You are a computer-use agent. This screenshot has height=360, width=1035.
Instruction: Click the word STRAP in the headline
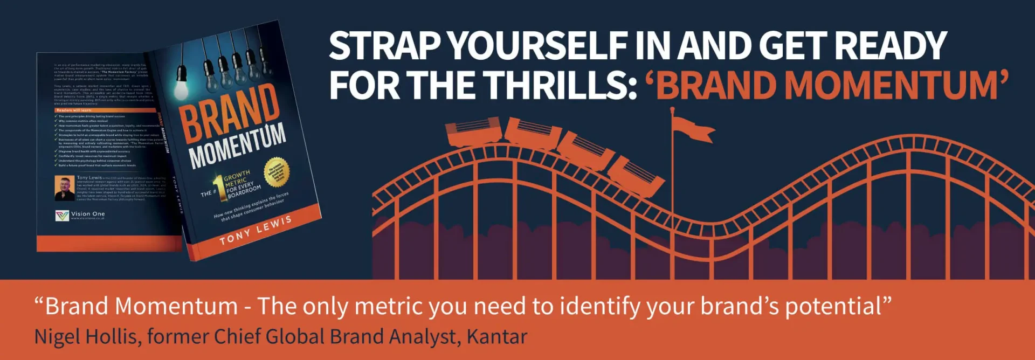click(385, 46)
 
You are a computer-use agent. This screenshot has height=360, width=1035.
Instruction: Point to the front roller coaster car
click(636, 176)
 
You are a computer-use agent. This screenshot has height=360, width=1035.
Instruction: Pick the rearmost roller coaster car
click(473, 133)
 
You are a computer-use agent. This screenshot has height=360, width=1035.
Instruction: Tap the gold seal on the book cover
click(277, 172)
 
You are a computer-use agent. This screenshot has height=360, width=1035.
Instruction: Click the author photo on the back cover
click(65, 188)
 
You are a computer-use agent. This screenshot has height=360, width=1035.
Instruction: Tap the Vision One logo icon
click(62, 216)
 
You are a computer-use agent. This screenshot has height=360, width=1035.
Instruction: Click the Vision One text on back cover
click(88, 214)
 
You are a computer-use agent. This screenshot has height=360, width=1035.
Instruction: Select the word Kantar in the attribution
click(496, 337)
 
